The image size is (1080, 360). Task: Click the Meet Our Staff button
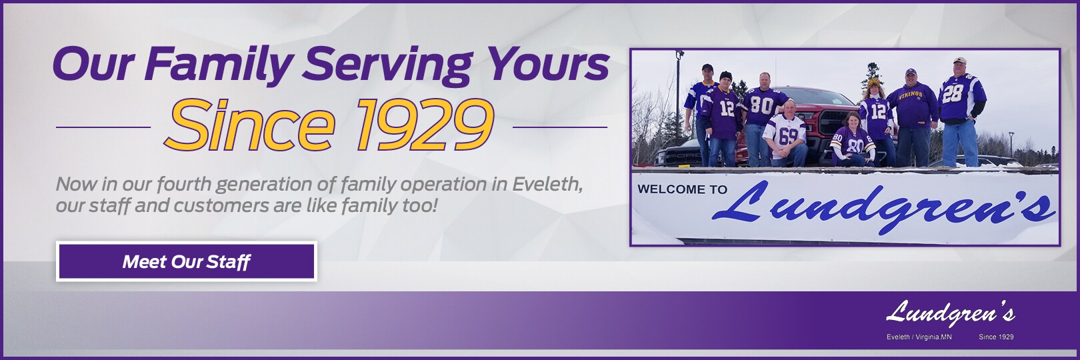point(186,261)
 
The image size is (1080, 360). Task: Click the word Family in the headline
point(219,65)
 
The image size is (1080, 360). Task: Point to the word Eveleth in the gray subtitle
point(547,183)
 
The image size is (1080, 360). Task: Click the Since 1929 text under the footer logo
point(996,337)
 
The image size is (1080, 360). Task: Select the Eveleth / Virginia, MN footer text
point(919,337)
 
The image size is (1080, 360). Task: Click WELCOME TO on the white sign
point(682,189)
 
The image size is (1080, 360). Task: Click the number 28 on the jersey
point(953,93)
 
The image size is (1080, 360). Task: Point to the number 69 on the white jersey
point(787,136)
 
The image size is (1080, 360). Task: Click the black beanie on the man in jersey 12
point(725,75)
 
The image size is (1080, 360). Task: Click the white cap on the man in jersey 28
point(959,60)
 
